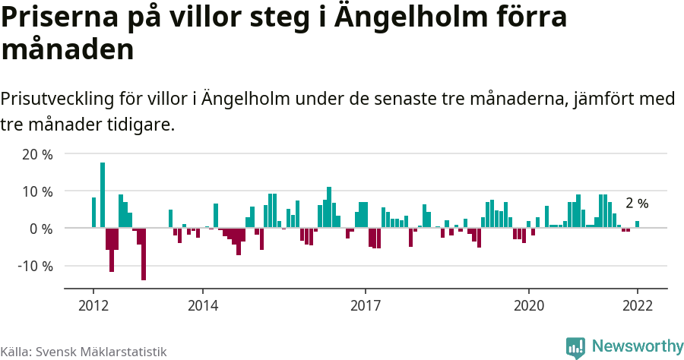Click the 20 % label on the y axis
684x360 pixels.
(x=37, y=154)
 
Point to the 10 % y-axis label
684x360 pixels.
(x=37, y=191)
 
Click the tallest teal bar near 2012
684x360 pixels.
(x=103, y=195)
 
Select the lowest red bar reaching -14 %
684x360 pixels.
(x=144, y=254)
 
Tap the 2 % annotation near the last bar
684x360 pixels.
(x=637, y=204)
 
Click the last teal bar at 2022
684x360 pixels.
(x=637, y=224)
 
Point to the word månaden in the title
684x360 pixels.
(x=68, y=50)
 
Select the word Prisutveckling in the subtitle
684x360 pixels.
(x=56, y=99)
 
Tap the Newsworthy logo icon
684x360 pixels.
(x=575, y=347)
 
